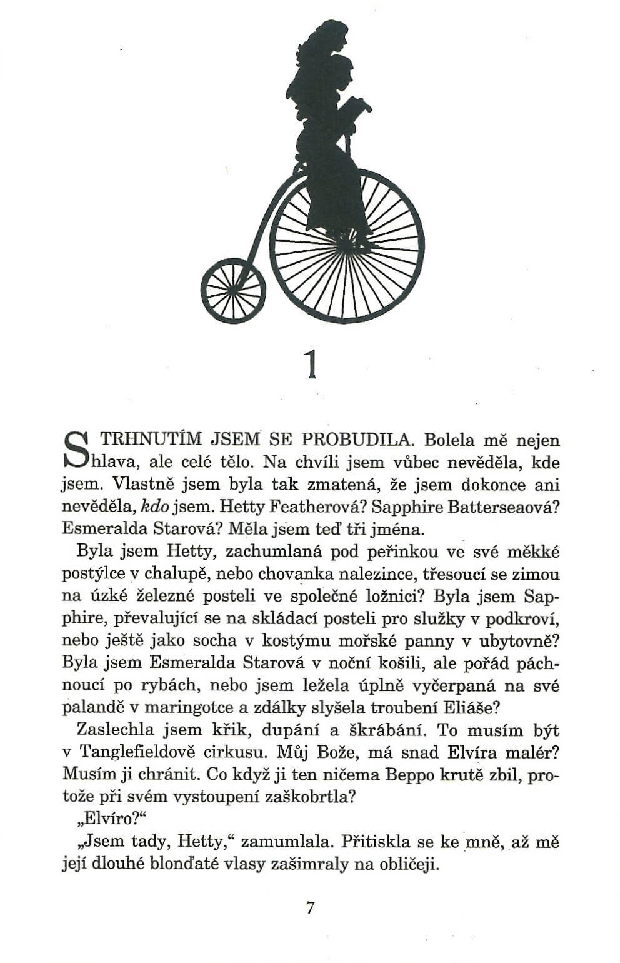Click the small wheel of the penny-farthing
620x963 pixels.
click(x=233, y=291)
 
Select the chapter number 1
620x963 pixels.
click(x=311, y=365)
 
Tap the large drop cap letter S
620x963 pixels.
click(x=74, y=451)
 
